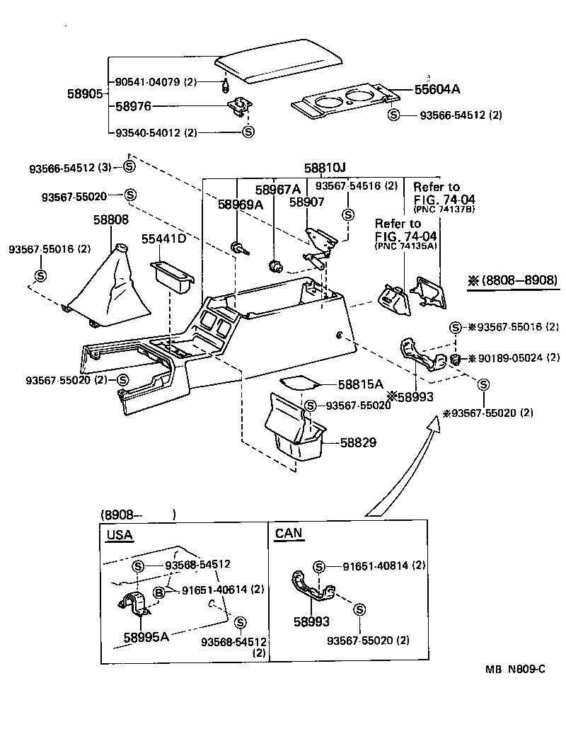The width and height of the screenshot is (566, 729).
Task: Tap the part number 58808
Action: tap(111, 220)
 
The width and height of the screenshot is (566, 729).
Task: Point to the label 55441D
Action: tap(163, 239)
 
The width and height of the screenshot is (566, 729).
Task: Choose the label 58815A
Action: tap(360, 384)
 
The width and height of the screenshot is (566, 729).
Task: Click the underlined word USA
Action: tap(119, 534)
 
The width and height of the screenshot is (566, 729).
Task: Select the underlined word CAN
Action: tap(288, 534)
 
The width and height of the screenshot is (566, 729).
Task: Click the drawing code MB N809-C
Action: tap(515, 669)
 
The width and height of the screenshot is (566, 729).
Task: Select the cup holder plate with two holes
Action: tap(343, 103)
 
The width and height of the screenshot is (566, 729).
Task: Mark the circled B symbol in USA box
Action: tap(159, 590)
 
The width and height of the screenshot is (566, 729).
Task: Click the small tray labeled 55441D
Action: tap(171, 277)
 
